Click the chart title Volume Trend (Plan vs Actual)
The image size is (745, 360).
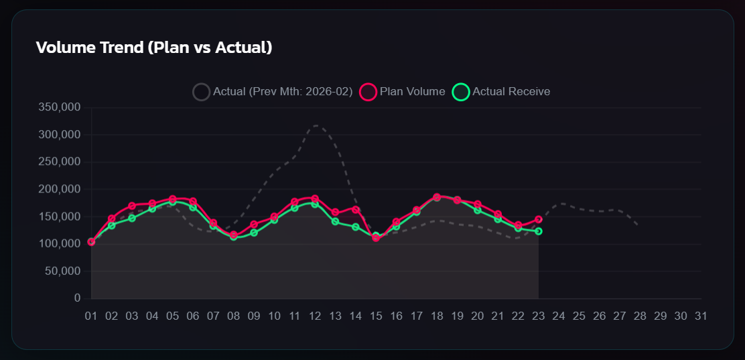point(154,48)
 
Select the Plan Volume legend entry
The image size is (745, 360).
point(403,92)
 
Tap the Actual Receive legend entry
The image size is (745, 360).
point(502,92)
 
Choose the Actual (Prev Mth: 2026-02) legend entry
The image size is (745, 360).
point(273,92)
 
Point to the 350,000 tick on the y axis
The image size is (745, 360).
point(61,107)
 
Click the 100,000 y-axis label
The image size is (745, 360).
point(61,244)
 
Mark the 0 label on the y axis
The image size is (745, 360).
point(77,298)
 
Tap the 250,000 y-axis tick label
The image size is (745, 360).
point(61,162)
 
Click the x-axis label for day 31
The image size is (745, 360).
point(701,316)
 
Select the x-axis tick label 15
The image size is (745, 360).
point(376,316)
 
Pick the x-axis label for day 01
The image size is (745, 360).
point(91,316)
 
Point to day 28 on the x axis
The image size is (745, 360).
point(640,316)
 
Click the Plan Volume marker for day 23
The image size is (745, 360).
point(538,219)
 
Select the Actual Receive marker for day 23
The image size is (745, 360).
point(538,231)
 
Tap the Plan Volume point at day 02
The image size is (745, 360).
point(112,219)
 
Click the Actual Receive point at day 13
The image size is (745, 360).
point(335,221)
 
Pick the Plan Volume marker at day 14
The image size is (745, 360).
point(356,210)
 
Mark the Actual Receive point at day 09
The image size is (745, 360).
point(254,233)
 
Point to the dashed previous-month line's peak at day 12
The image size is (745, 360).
point(315,125)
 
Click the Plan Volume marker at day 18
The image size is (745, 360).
point(437,197)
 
